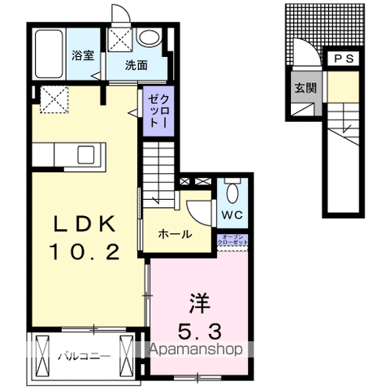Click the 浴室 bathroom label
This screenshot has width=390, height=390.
click(81, 56)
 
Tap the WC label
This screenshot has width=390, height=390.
click(232, 214)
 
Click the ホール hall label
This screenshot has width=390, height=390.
click(175, 235)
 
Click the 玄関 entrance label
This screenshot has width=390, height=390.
click(305, 88)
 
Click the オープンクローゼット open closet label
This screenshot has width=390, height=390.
click(232, 240)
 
